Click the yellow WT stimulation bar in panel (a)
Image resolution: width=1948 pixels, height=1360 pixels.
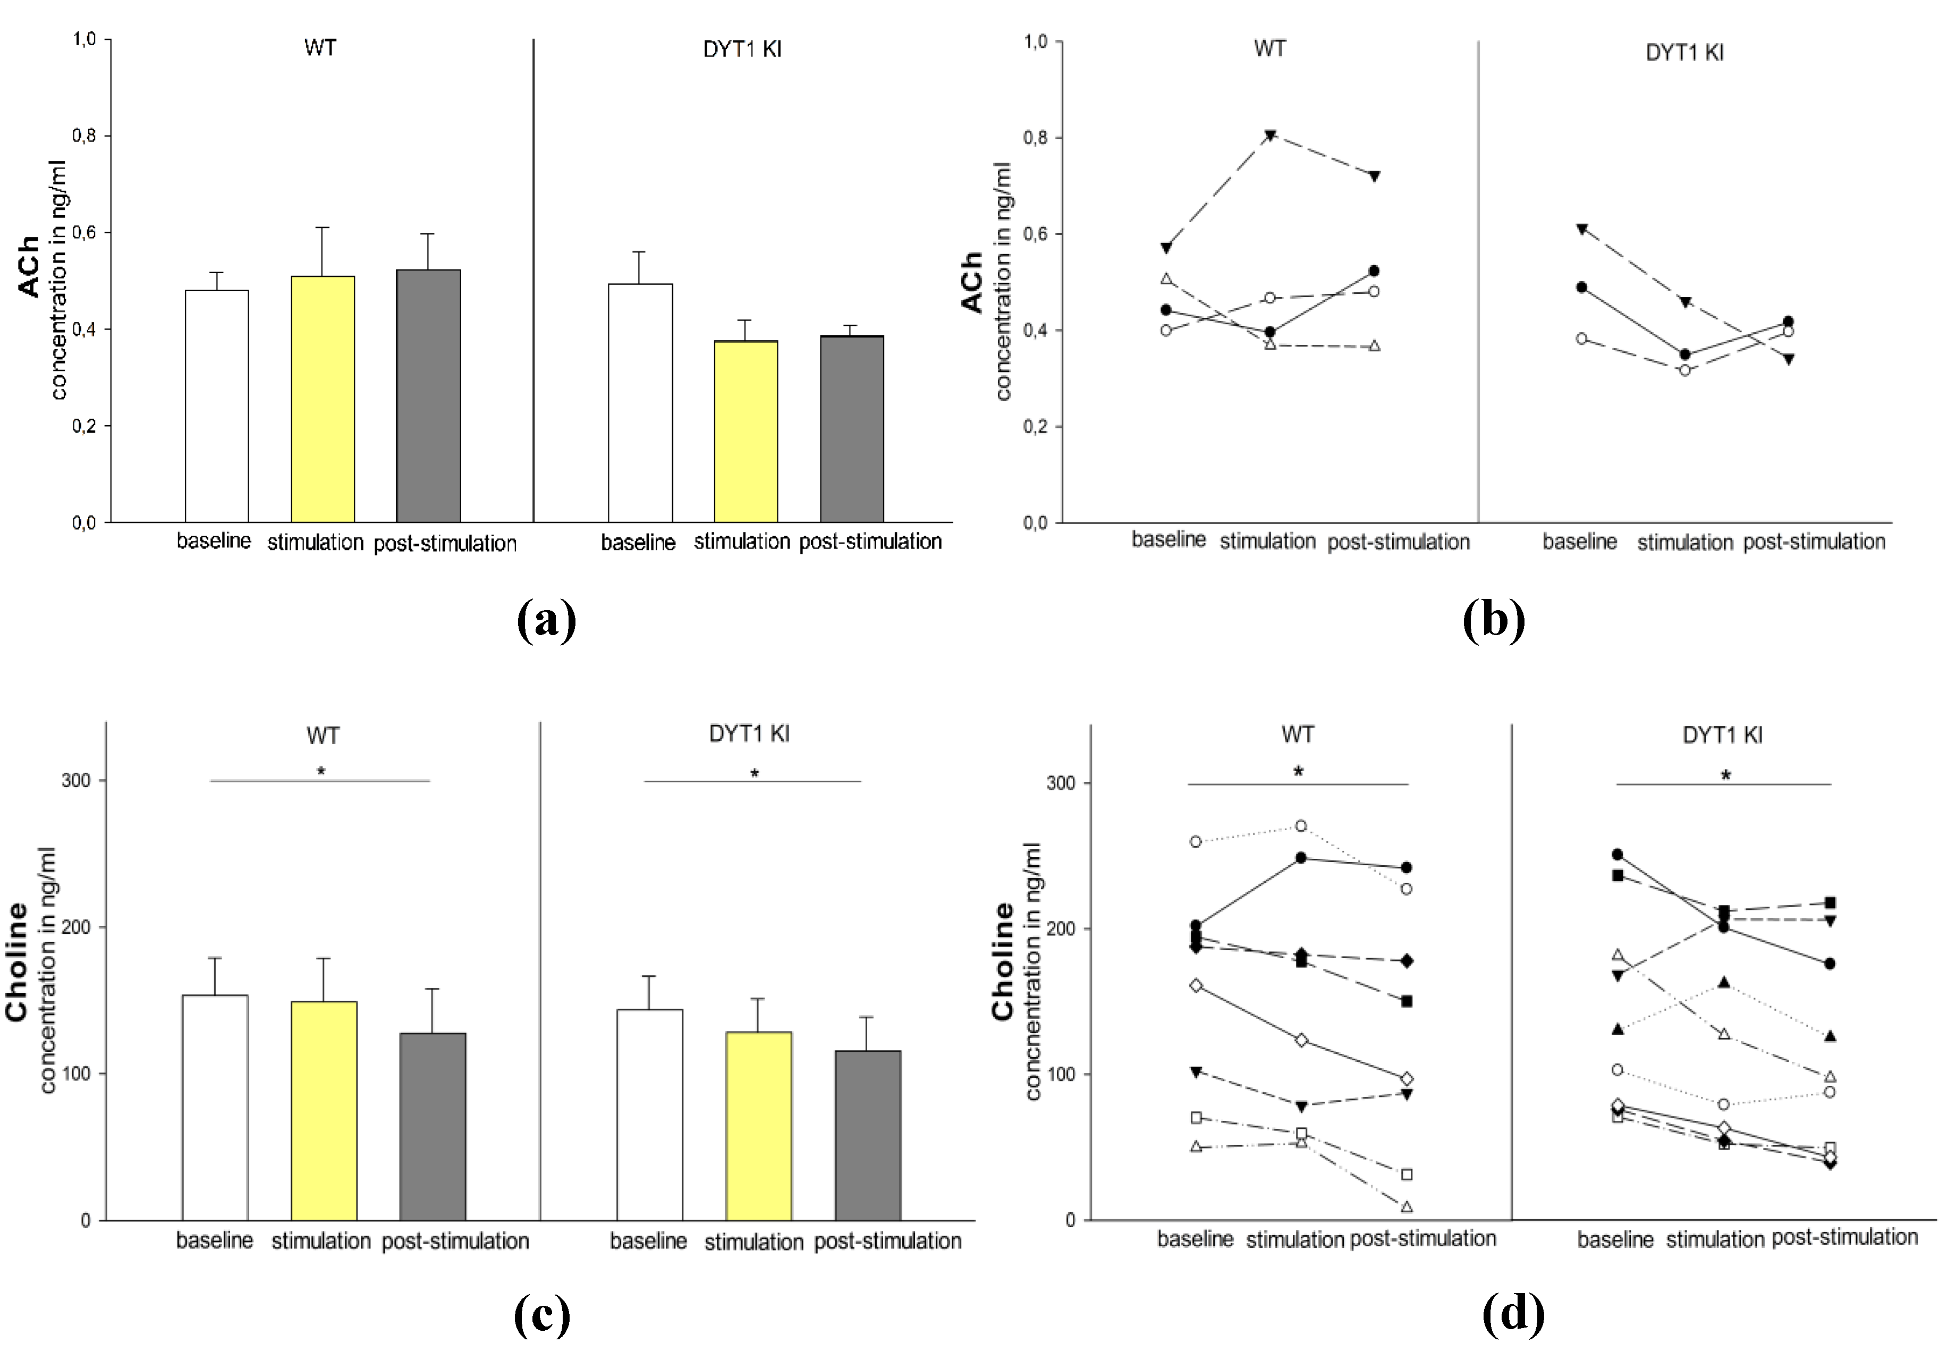(323, 399)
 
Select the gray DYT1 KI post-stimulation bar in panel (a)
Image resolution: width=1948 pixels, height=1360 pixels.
(852, 428)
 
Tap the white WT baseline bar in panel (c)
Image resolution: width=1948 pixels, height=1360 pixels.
(216, 1107)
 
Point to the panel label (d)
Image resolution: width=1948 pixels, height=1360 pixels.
(1513, 1314)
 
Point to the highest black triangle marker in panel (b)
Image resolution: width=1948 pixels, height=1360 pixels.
(1270, 135)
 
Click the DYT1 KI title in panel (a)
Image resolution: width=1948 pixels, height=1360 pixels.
(742, 49)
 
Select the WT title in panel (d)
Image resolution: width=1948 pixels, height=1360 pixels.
(1297, 734)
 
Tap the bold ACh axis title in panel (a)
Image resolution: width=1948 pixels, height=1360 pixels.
(29, 266)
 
